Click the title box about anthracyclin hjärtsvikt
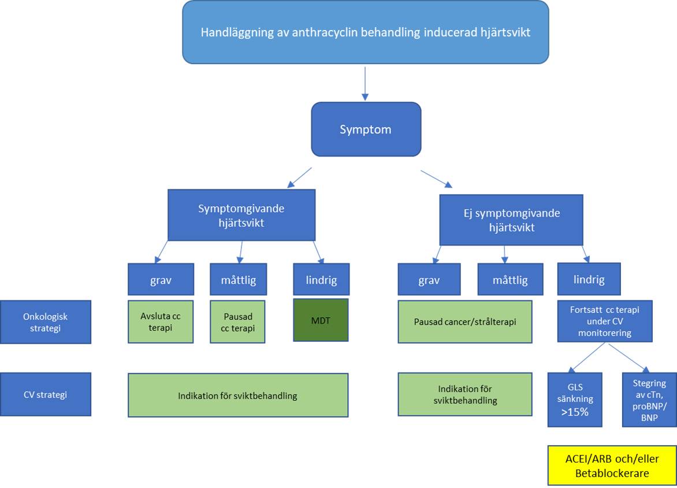pyautogui.click(x=365, y=32)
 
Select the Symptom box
pyautogui.click(x=366, y=129)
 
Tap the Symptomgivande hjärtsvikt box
pyautogui.click(x=241, y=215)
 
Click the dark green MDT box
pyautogui.click(x=321, y=320)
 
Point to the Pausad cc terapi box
pyautogui.click(x=237, y=322)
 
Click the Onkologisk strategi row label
pyautogui.click(x=46, y=322)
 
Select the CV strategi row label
pyautogui.click(x=46, y=394)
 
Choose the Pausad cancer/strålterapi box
pyautogui.click(x=465, y=322)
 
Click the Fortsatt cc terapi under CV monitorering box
pyautogui.click(x=604, y=321)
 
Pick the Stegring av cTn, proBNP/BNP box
pyautogui.click(x=649, y=399)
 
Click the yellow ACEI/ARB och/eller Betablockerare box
pyautogui.click(x=612, y=465)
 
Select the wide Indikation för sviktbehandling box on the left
pyautogui.click(x=237, y=396)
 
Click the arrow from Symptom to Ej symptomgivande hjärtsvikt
pyautogui.click(x=437, y=179)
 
